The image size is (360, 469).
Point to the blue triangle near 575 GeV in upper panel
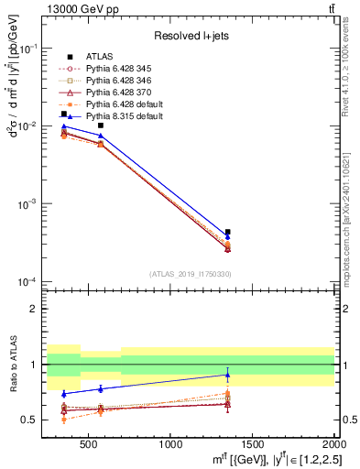point(101,136)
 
